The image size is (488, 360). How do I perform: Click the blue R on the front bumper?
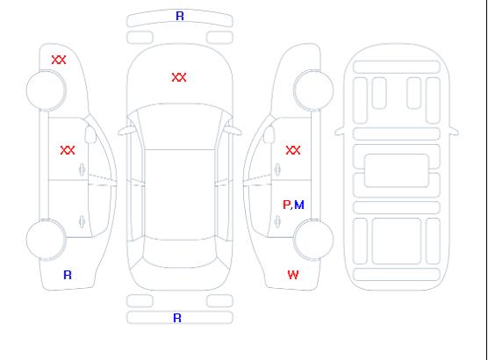(x=180, y=16)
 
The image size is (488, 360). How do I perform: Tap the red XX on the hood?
(x=179, y=77)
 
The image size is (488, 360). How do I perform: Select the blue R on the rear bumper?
(x=177, y=318)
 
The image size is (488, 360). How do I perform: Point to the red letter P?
(x=286, y=205)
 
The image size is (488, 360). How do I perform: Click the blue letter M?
(x=299, y=205)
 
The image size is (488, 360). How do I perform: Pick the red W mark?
(x=293, y=275)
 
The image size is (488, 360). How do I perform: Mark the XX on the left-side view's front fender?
(x=59, y=60)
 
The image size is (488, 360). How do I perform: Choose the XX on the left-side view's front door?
(x=68, y=150)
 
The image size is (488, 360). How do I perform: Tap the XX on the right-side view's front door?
(x=293, y=150)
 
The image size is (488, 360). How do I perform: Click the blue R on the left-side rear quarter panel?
(x=68, y=275)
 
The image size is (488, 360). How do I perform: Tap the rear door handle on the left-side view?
(x=83, y=221)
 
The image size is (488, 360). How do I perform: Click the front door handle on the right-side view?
(x=277, y=169)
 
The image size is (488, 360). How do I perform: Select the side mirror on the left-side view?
(x=90, y=134)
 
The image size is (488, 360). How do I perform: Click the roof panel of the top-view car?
(x=180, y=195)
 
